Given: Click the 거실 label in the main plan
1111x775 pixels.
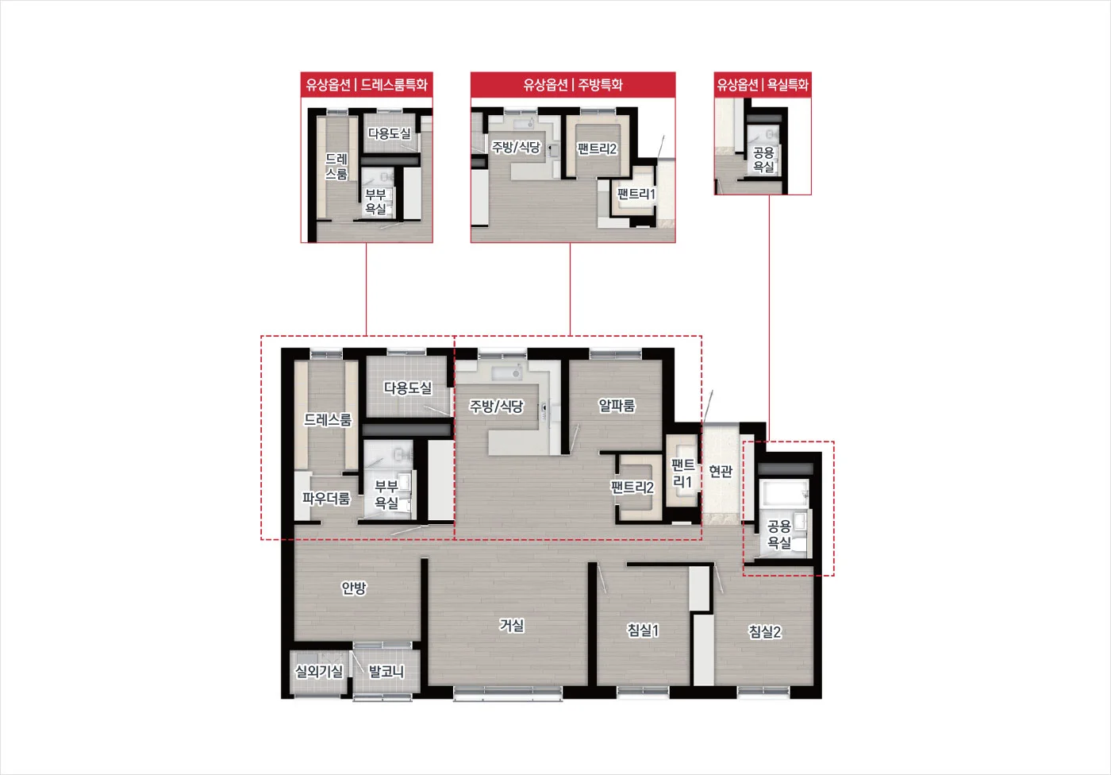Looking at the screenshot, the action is pos(511,625).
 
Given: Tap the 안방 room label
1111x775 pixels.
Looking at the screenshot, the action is pos(354,588).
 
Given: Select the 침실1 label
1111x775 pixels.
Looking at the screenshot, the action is pos(643,630).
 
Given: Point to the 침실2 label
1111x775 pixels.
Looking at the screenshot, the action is pos(764,631).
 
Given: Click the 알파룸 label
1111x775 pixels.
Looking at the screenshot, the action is pos(617,406).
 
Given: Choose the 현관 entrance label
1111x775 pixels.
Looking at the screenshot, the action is pos(721,471).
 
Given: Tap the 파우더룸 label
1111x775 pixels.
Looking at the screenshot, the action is pos(326,498).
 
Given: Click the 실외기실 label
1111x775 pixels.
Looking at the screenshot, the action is pos(319,672).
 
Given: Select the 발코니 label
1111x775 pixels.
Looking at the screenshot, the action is pos(386,672).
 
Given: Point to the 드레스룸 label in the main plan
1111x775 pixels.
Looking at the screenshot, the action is pos(327,420).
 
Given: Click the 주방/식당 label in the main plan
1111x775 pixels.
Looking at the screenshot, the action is pos(497,407).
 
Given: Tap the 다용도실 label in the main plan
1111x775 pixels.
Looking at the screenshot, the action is pos(408,388).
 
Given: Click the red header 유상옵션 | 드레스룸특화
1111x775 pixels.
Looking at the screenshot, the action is pos(367,84).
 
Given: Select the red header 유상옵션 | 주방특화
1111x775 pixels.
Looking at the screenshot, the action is pos(573,84).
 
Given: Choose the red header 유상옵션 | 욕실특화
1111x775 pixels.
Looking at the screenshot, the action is pos(763,84).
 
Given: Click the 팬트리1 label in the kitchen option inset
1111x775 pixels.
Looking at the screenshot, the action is pos(636,194).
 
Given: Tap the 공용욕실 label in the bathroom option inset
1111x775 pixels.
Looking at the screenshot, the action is pos(763,160).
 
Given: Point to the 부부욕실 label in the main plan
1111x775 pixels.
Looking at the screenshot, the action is pos(386,495).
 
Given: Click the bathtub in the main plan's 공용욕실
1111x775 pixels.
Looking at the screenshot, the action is pos(784,493).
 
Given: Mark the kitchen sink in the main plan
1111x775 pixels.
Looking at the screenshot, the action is pos(507,372).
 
